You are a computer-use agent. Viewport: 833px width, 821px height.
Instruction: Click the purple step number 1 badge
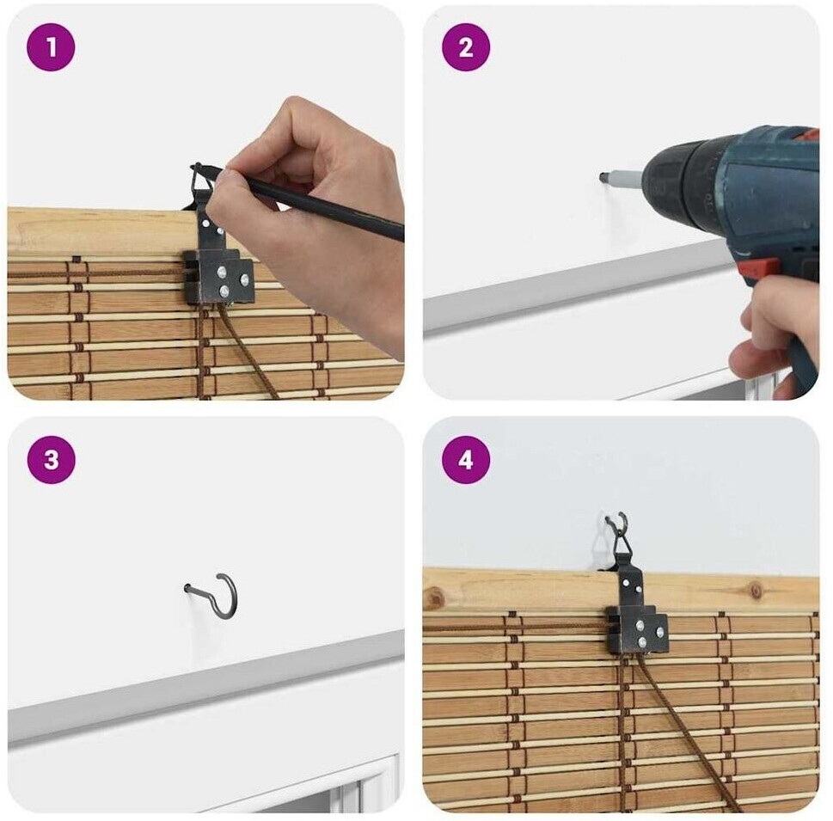pos(51,46)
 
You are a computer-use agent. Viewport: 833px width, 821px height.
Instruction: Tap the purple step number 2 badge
pos(465,46)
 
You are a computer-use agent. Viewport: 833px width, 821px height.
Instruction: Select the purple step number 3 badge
pos(51,460)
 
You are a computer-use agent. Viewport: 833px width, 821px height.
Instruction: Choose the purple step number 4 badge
pos(466,460)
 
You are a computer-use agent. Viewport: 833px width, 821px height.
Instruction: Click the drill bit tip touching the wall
pos(603,177)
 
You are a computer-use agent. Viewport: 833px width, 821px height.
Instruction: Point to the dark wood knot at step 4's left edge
pos(435,600)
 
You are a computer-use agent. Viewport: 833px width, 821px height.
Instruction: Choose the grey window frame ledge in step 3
pos(206,684)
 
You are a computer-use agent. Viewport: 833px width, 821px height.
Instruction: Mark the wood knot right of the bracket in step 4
pos(756,590)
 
